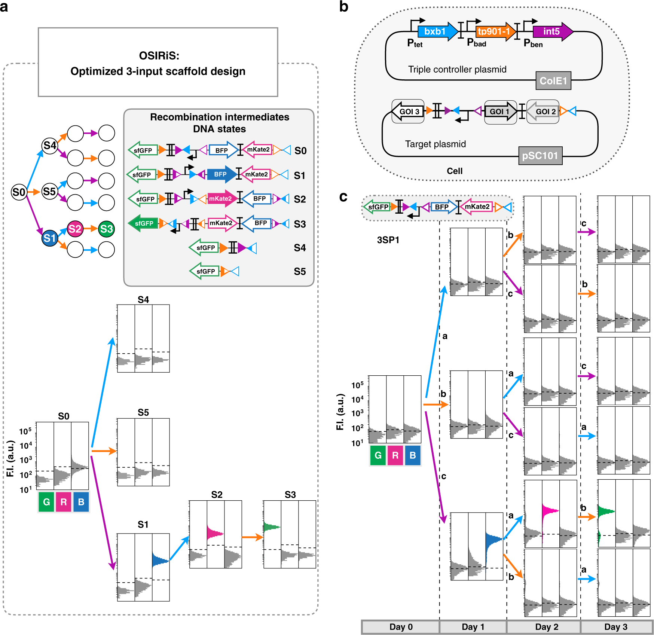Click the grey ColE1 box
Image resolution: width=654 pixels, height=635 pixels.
[553, 81]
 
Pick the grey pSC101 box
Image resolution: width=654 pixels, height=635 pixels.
[540, 156]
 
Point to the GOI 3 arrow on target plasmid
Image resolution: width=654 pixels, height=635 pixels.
[407, 112]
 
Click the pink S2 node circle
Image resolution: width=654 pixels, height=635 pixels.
[75, 229]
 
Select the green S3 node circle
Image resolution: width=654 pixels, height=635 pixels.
[106, 229]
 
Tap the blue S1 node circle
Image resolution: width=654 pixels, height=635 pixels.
[49, 238]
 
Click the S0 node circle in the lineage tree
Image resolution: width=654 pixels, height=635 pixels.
[19, 192]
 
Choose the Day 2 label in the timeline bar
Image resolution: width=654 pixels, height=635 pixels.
[546, 627]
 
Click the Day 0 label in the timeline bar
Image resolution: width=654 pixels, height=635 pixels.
[401, 627]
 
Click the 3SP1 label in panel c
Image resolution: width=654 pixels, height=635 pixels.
[388, 240]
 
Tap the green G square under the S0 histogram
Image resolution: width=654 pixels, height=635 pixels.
[46, 502]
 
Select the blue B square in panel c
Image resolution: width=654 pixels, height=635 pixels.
[413, 455]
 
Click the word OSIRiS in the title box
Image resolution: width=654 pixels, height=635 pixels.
[159, 56]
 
